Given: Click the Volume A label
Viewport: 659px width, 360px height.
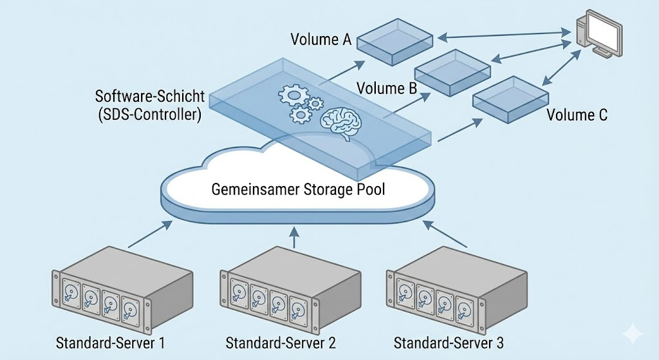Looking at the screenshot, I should pos(320,40).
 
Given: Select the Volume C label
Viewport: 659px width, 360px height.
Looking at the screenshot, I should pos(577,116).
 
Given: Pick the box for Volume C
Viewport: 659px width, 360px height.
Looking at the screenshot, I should pos(510,100).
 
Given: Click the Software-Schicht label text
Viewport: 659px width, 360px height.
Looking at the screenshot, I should pos(149,97).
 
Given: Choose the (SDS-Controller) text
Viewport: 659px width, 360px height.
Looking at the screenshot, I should pos(149,116).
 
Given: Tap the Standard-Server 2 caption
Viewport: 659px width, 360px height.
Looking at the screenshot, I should pos(281,343).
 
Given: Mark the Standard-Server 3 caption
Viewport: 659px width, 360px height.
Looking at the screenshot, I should pos(449,343).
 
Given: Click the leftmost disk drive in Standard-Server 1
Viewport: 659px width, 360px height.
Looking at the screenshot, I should pos(71,294).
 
